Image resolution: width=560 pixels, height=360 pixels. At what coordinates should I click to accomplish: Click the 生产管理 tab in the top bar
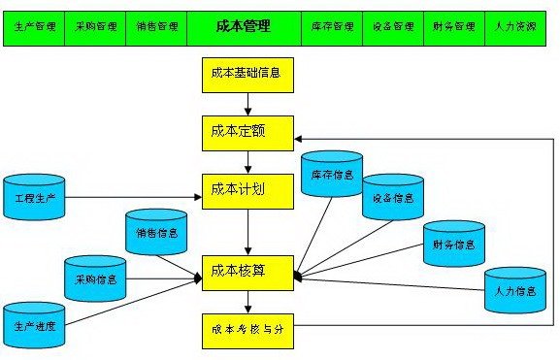[34, 27]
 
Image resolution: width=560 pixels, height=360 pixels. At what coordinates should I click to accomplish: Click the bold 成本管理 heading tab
[243, 27]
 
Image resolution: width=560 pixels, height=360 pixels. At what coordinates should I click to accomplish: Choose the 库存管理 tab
[332, 27]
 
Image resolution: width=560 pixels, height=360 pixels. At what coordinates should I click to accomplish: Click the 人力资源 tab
[514, 27]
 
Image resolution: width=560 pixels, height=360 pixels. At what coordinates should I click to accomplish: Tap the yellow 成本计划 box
[247, 190]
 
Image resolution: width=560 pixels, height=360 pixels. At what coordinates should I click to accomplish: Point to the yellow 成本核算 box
[247, 273]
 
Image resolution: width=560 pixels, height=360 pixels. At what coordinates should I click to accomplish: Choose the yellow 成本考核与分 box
[247, 330]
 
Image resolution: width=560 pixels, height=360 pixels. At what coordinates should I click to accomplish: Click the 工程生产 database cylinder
[34, 198]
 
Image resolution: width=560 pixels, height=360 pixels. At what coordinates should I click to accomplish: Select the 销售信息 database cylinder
[156, 233]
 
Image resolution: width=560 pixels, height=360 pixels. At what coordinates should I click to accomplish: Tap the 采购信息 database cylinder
[95, 278]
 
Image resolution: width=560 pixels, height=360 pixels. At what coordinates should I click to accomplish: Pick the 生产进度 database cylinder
[34, 325]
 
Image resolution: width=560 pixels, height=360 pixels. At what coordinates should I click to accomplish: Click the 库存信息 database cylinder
[331, 176]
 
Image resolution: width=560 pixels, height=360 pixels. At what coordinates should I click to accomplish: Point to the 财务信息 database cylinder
[453, 245]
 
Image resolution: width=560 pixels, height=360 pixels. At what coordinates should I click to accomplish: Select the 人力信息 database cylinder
[514, 289]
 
